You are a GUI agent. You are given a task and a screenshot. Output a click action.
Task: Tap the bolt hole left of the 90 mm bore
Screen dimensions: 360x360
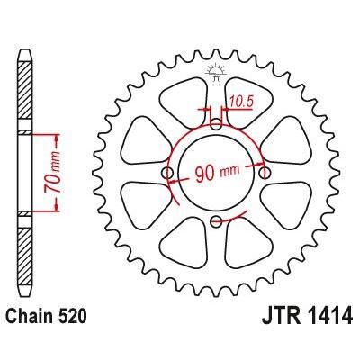point(166,173)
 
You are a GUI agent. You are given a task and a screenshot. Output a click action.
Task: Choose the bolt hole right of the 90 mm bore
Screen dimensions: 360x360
point(265,173)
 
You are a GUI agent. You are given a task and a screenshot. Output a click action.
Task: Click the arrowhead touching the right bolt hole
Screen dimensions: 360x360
point(260,167)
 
